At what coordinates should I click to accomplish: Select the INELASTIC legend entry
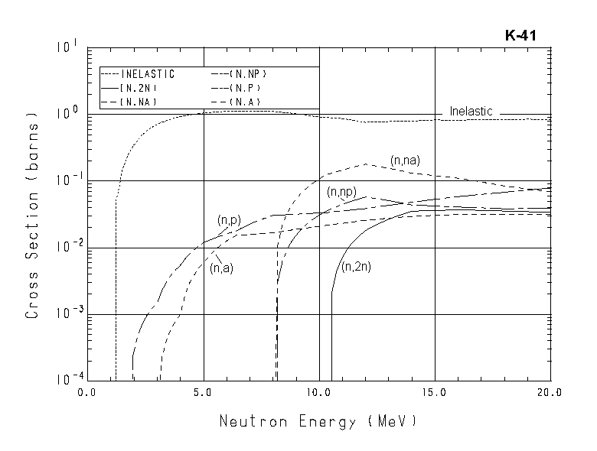pos(148,75)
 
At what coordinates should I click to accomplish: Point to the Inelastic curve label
pos(471,112)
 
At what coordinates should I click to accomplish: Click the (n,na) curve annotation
pos(406,161)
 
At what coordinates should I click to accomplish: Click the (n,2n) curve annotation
pos(354,267)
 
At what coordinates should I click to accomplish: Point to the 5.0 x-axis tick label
pos(204,393)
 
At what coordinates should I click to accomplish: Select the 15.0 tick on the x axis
pos(434,393)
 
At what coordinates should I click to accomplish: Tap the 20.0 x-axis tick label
pos(550,393)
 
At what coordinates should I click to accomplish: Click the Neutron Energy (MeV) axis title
pos(319,421)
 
